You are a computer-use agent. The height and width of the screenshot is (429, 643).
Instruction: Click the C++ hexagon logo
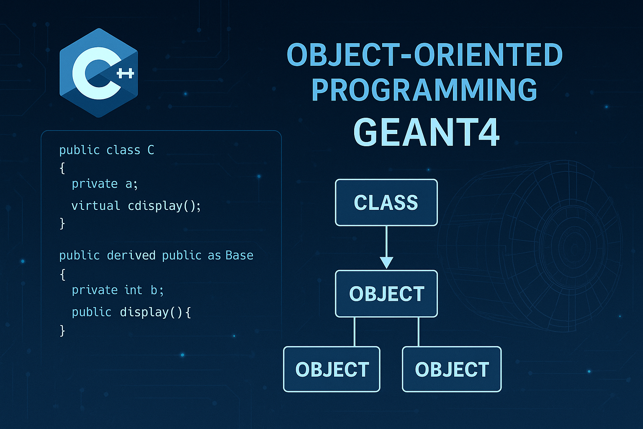(99, 73)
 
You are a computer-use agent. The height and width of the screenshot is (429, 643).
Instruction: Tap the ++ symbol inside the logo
(125, 74)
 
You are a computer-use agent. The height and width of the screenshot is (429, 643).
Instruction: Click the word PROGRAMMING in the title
(424, 90)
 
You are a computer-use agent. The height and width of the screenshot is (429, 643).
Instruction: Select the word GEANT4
(427, 132)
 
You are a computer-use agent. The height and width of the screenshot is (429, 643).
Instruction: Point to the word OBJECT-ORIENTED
(424, 55)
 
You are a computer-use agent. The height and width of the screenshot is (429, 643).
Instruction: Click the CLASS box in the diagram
(386, 203)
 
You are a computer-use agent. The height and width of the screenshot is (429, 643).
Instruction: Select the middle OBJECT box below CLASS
(386, 294)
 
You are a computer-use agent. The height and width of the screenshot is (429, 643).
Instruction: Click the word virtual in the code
(95, 206)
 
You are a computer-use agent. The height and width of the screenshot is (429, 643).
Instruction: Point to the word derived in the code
(131, 255)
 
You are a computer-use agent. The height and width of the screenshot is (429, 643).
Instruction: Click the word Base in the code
(239, 255)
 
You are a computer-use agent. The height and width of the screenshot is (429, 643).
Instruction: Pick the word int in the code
(133, 290)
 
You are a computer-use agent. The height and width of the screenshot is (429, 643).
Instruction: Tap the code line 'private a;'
(105, 184)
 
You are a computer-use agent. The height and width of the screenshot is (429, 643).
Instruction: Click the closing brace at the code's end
(62, 331)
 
